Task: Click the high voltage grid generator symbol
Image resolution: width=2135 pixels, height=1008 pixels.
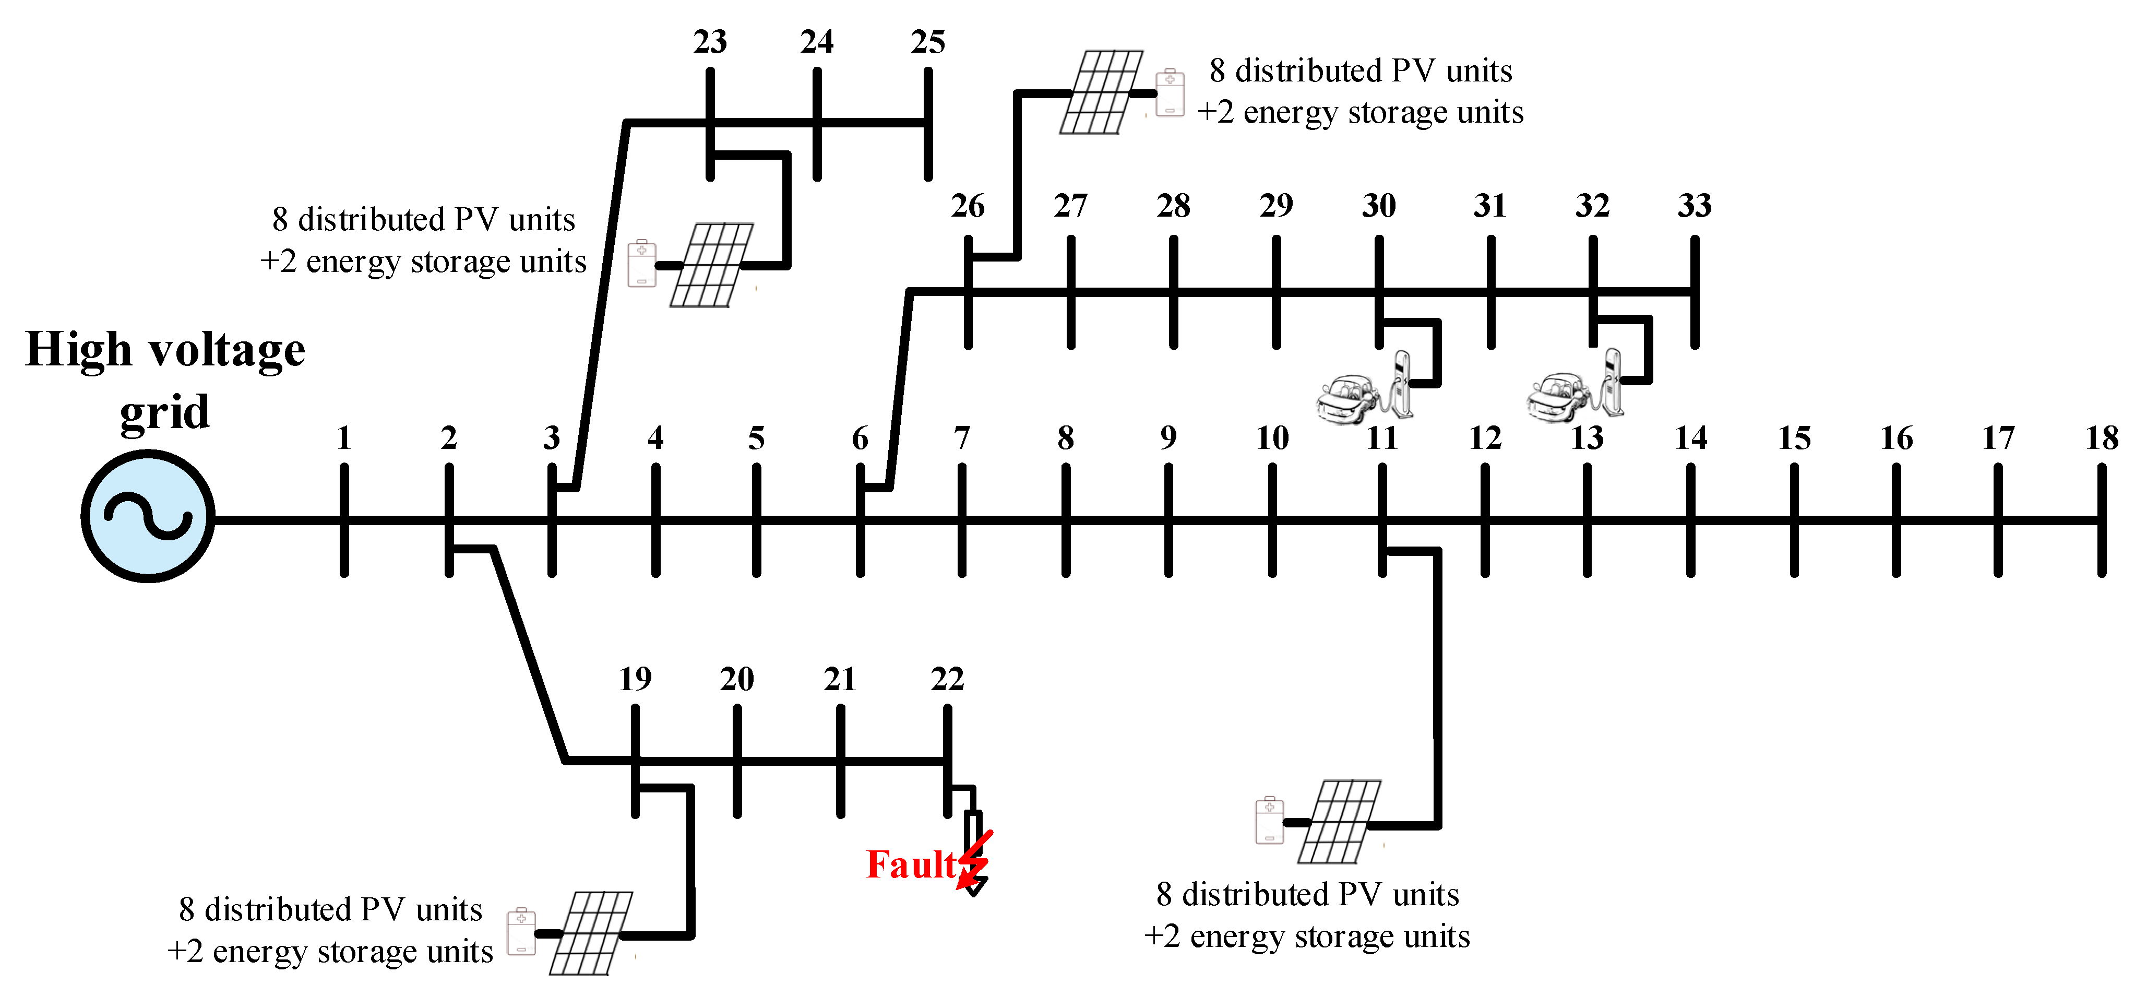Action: coord(148,516)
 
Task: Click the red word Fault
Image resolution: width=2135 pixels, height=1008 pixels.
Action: coord(910,864)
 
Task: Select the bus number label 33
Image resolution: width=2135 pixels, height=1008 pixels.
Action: coord(1694,206)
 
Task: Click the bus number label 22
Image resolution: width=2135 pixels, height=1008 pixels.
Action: coord(947,680)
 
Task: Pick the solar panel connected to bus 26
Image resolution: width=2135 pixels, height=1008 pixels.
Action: coord(1102,92)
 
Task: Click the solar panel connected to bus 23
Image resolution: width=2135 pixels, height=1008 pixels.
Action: coord(712,265)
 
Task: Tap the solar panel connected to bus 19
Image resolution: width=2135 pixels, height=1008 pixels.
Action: coord(591,933)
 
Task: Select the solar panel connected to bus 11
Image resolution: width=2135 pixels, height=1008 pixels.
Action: coord(1339,822)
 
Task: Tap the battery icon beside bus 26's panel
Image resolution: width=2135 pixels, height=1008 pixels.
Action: coord(1170,92)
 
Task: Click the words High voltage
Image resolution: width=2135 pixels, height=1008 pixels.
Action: coord(165,350)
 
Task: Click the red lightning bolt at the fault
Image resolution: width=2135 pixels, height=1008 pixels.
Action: coord(975,862)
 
